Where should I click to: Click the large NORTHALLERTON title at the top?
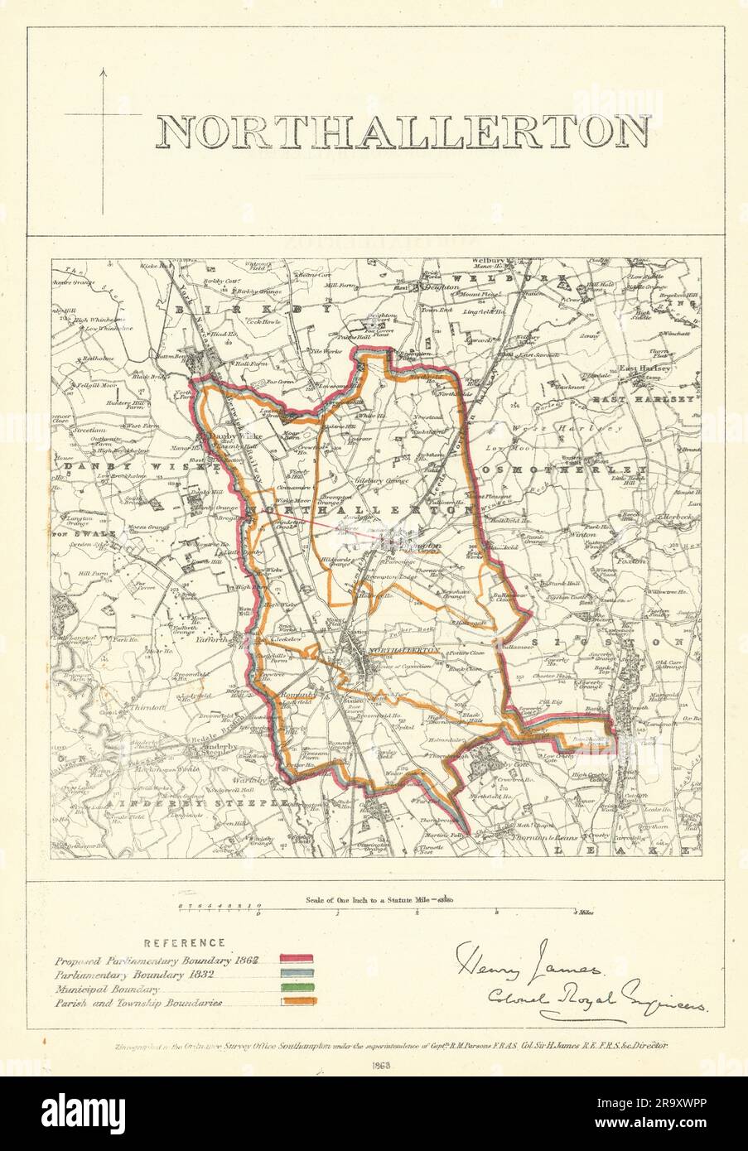pos(403,132)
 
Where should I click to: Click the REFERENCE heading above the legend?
pos(185,942)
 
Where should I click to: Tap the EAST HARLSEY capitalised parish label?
pos(653,399)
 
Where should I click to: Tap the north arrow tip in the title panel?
pos(103,71)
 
